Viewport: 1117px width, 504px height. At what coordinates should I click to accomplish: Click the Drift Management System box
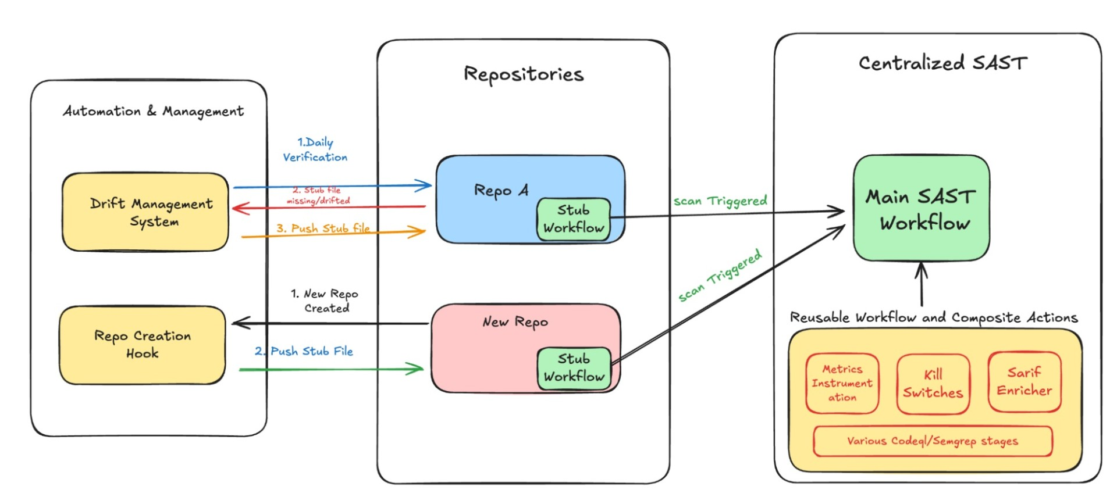pos(145,212)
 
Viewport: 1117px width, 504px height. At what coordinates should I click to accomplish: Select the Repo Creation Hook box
pos(143,345)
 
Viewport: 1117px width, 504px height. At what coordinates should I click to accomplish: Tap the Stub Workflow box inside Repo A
pos(573,219)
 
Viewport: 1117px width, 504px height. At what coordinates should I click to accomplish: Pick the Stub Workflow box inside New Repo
pos(574,368)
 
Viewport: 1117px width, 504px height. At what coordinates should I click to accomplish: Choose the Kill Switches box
pos(933,384)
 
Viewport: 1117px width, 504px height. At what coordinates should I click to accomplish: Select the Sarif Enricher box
pos(1024,382)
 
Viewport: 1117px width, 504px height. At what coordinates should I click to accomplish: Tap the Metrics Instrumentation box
pos(842,383)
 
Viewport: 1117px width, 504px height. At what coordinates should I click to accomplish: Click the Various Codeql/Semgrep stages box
pos(932,441)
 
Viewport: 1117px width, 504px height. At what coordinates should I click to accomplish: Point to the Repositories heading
pos(523,74)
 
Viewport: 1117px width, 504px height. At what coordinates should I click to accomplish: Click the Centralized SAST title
pos(942,63)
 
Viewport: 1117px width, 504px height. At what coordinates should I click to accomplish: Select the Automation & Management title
pos(153,111)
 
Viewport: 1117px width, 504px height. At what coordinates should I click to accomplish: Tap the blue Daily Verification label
pos(315,149)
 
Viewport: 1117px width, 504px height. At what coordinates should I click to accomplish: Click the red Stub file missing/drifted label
pos(318,195)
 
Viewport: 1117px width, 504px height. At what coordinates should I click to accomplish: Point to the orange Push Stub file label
pos(323,228)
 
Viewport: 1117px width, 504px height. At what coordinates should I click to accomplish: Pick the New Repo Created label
pos(325,301)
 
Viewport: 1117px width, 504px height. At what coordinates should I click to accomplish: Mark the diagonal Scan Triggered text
pos(720,276)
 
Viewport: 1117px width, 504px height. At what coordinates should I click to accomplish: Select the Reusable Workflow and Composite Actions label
pos(933,317)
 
